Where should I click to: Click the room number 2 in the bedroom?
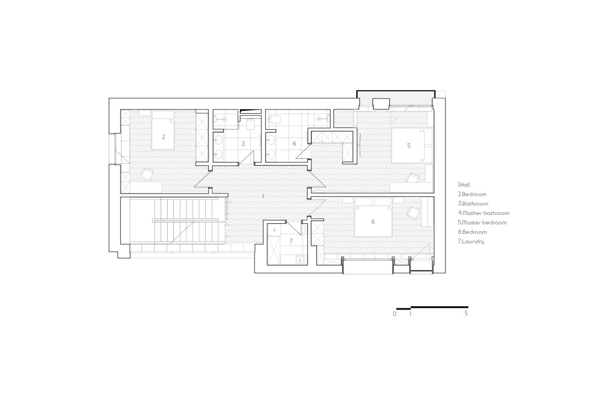pyautogui.click(x=163, y=137)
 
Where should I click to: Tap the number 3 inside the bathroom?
pyautogui.click(x=243, y=144)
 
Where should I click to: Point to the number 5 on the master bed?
pyautogui.click(x=409, y=145)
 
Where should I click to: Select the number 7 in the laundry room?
pyautogui.click(x=291, y=241)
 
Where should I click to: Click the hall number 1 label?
pyautogui.click(x=263, y=196)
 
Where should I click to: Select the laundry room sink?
pyautogui.click(x=300, y=260)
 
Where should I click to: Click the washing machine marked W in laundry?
pyautogui.click(x=274, y=230)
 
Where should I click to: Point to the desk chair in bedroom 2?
pyautogui.click(x=147, y=174)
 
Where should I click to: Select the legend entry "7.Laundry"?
pyautogui.click(x=471, y=241)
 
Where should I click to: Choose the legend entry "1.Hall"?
pyautogui.click(x=464, y=185)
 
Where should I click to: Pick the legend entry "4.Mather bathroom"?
pyautogui.click(x=484, y=213)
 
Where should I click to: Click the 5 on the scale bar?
pyautogui.click(x=466, y=313)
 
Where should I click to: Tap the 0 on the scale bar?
pyautogui.click(x=394, y=314)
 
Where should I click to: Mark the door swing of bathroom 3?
pyautogui.click(x=246, y=158)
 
